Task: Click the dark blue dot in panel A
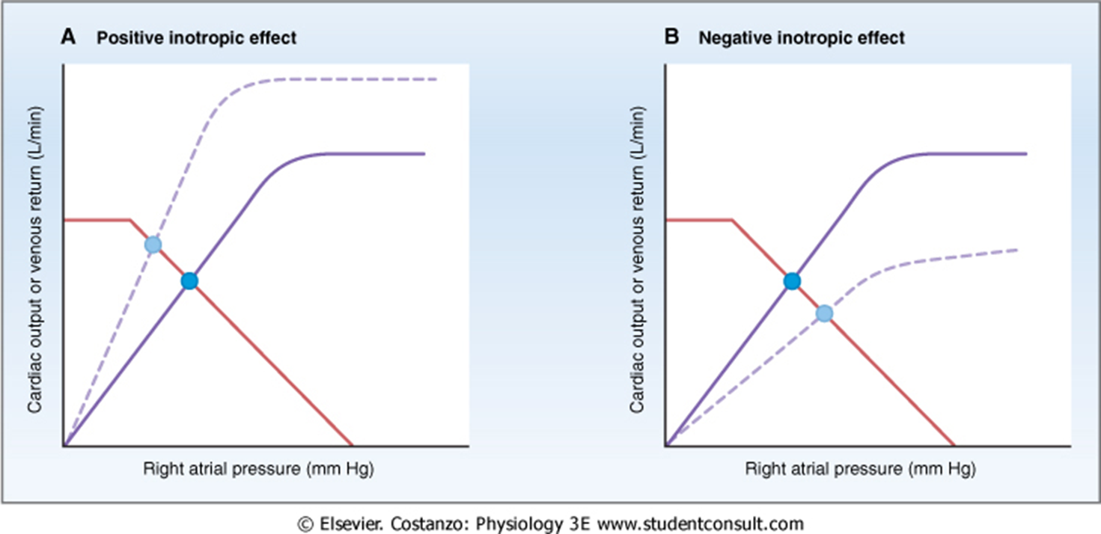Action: coord(189,280)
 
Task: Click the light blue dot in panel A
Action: coord(153,244)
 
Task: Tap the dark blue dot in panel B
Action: coord(791,281)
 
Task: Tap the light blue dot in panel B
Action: coord(824,313)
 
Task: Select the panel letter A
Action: coord(68,37)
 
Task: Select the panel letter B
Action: coord(671,37)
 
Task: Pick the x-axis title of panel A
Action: coord(257,469)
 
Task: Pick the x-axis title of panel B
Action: coord(861,469)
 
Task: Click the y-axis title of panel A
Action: coord(35,259)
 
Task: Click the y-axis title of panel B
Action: coord(637,259)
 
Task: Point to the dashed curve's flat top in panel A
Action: coord(352,79)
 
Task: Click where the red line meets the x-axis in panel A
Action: coord(352,446)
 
